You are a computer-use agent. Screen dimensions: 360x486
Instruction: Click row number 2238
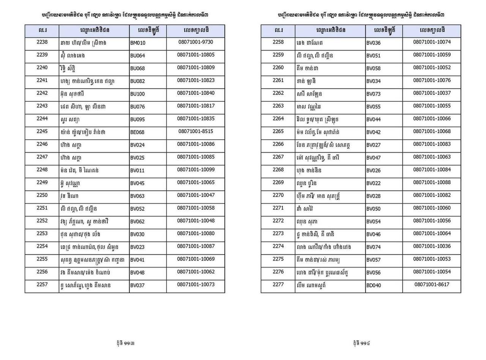tap(42, 42)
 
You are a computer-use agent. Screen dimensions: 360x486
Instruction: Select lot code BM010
tap(137, 43)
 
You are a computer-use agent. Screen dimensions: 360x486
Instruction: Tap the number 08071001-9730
tap(196, 42)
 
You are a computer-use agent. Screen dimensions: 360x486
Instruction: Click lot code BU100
tap(137, 94)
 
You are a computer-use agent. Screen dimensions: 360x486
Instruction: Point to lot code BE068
tap(137, 132)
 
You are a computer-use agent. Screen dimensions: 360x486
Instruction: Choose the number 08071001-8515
tap(196, 131)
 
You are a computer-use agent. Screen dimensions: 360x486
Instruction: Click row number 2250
tap(42, 195)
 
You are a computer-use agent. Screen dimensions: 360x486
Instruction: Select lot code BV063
tap(137, 196)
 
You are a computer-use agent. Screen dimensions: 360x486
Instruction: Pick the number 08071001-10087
tap(196, 246)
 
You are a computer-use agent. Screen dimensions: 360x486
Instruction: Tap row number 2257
tap(42, 284)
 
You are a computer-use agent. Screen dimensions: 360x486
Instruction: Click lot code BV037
tap(137, 285)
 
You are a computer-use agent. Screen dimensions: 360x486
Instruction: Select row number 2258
tap(278, 42)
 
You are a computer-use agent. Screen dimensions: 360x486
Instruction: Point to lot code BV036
tap(373, 43)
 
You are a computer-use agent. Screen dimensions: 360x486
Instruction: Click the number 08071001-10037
tap(432, 93)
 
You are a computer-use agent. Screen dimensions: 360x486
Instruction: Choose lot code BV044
tap(373, 119)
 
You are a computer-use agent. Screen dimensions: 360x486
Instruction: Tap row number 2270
tap(278, 195)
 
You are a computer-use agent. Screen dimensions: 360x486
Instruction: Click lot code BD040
tap(373, 285)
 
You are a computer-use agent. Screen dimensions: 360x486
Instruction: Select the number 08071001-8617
tap(432, 284)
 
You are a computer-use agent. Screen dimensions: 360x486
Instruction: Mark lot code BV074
tap(373, 247)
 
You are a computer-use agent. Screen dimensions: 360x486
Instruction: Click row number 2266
tap(278, 144)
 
